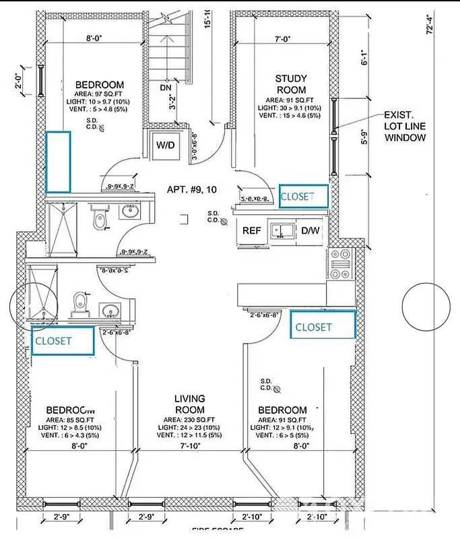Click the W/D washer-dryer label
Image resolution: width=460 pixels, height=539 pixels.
(x=164, y=145)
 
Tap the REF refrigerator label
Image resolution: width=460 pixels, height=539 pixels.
(x=252, y=230)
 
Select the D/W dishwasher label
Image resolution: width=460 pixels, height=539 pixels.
(x=310, y=230)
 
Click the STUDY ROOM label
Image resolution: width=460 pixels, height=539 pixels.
(x=290, y=84)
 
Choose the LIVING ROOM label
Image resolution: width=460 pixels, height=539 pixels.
(x=189, y=404)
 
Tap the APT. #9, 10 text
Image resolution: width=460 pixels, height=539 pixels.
(x=193, y=190)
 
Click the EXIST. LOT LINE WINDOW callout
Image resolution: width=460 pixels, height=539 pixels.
(x=404, y=126)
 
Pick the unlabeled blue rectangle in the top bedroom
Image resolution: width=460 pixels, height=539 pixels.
(x=58, y=161)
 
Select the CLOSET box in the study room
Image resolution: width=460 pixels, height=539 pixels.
(x=303, y=196)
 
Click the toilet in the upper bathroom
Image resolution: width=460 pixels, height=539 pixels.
(x=100, y=218)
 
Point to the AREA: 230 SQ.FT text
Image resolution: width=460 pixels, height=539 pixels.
(x=189, y=418)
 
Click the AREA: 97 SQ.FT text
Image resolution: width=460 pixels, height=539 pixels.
(x=99, y=93)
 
